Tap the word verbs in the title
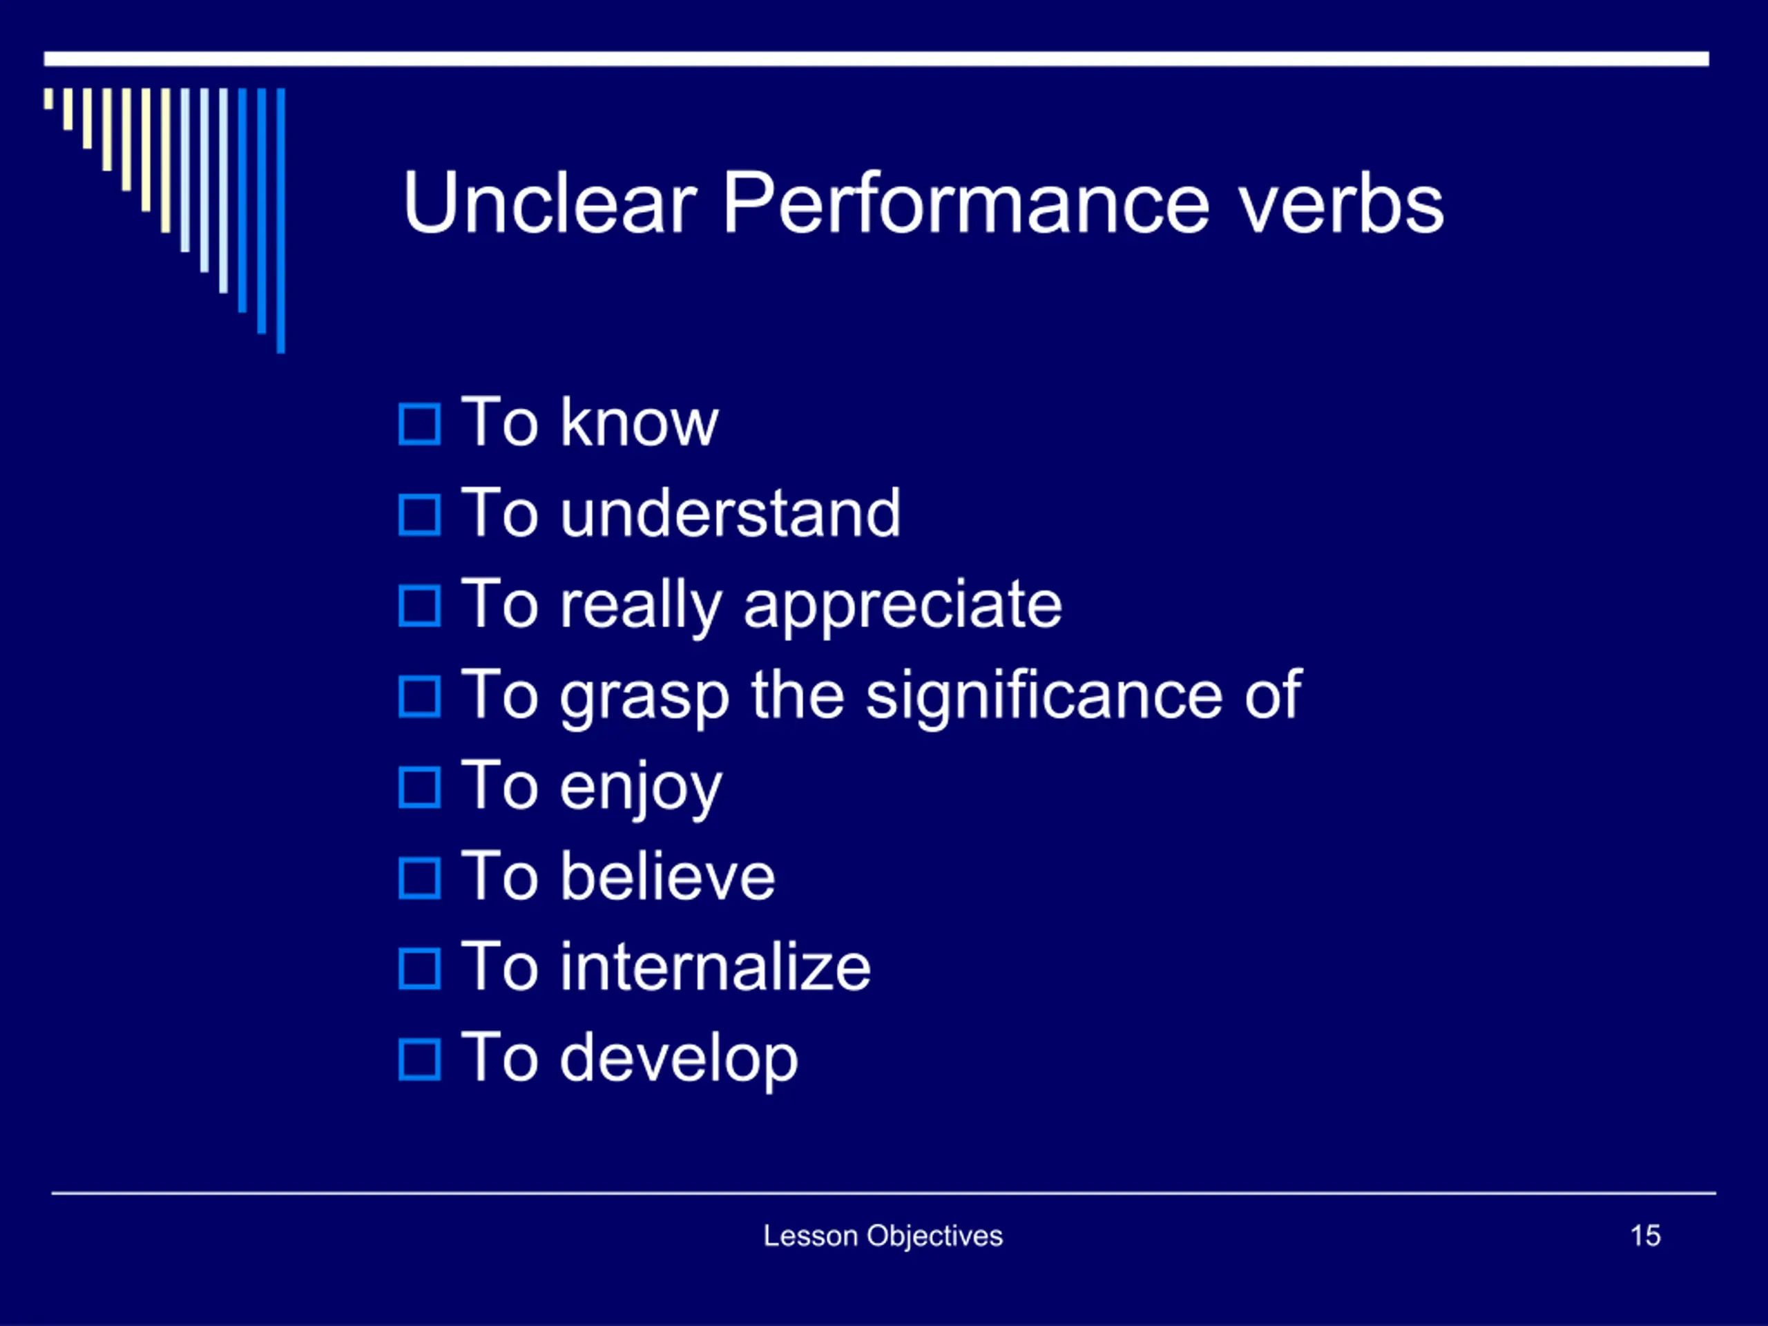coord(1341,204)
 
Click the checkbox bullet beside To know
coord(420,425)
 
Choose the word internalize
coord(715,966)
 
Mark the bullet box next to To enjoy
coord(420,787)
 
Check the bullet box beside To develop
coord(420,1060)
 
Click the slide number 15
coord(1645,1236)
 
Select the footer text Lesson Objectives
coord(883,1236)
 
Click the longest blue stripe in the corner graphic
coord(280,220)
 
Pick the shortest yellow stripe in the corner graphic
coord(49,98)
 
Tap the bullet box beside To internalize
coord(420,969)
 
